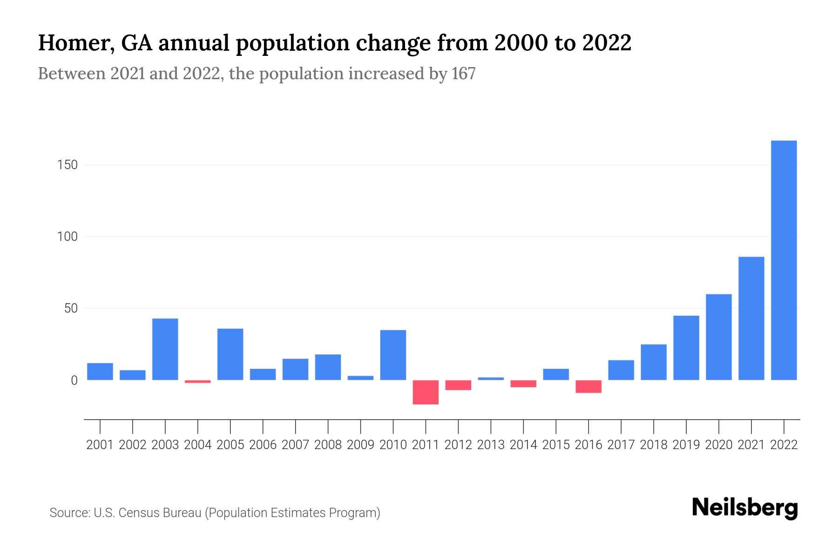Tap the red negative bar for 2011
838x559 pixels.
pos(426,392)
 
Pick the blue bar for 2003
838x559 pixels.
pos(165,349)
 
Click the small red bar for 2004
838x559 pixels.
pos(198,382)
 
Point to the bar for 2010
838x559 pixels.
pos(393,355)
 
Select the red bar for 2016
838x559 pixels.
pos(588,387)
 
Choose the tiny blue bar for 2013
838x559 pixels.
pos(491,379)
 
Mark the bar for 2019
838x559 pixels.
pos(686,348)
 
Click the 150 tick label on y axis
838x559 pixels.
pos(68,165)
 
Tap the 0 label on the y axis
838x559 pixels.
pos(74,380)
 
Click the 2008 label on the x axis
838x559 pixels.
pos(328,445)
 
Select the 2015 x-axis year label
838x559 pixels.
pos(556,445)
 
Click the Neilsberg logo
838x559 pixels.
pos(744,508)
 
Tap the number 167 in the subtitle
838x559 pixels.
pos(463,74)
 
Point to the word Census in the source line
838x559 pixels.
pos(137,513)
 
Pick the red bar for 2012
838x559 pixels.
pos(458,385)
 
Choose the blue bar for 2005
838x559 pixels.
pos(230,354)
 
